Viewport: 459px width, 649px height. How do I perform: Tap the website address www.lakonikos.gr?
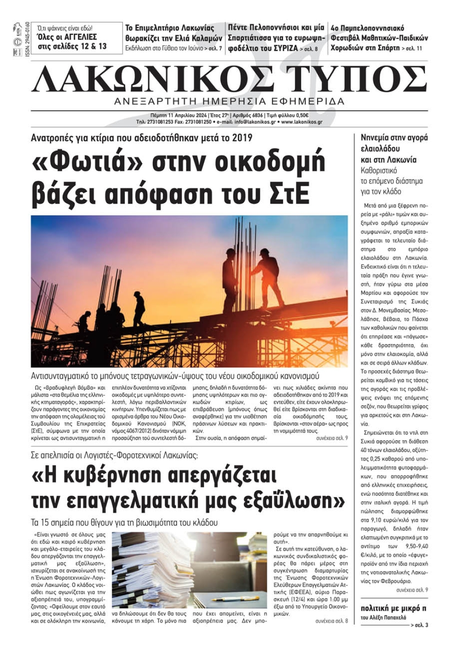(302, 122)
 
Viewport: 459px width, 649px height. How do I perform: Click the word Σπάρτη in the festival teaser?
(387, 48)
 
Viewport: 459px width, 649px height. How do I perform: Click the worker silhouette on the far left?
(84, 321)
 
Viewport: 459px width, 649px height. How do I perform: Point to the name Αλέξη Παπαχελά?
(384, 617)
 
